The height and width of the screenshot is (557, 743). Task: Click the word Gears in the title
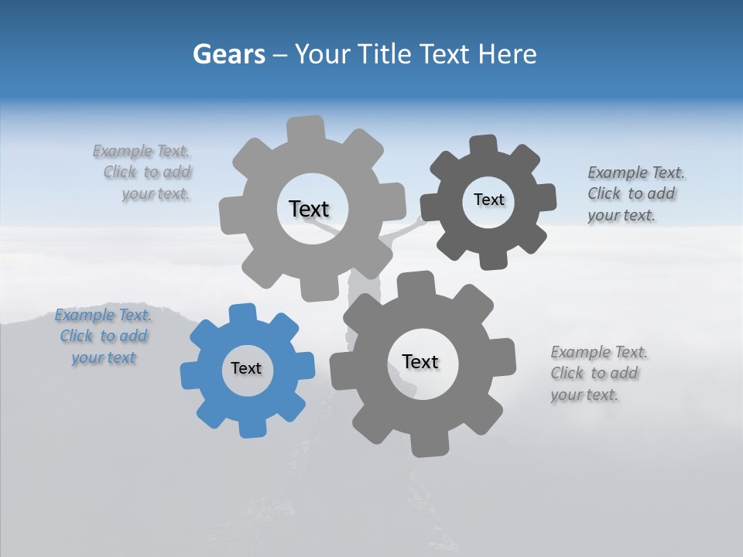[x=229, y=54]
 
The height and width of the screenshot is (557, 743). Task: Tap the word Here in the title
[x=507, y=54]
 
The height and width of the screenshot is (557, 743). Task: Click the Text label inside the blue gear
[x=246, y=369]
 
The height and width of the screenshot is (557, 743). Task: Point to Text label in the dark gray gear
[x=488, y=200]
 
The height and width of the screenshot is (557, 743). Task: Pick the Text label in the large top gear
[x=309, y=209]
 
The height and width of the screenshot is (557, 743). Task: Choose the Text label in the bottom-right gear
[x=420, y=361]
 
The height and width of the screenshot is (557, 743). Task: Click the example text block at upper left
[x=143, y=173]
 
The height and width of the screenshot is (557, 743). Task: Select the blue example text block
[x=103, y=337]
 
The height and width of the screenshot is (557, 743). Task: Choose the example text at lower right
[x=598, y=374]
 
